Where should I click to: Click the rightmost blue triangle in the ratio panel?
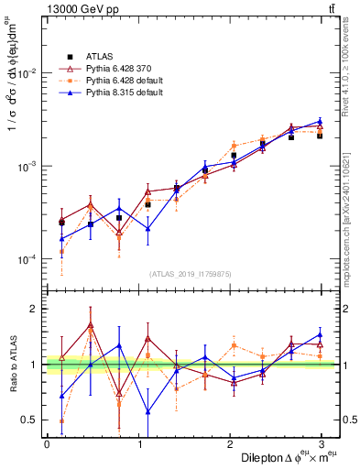click(x=320, y=335)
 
